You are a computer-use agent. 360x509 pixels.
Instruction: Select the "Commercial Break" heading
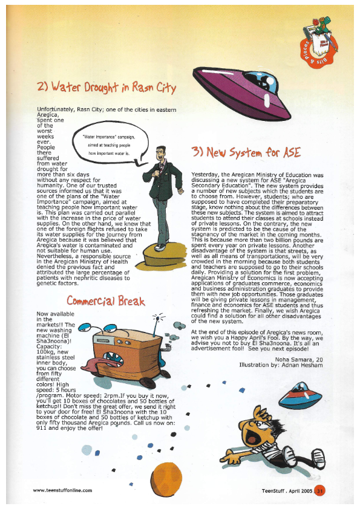pos(106,301)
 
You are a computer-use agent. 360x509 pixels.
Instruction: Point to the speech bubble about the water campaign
pos(110,145)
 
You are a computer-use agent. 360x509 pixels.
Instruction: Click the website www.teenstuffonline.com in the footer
pos(62,490)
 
